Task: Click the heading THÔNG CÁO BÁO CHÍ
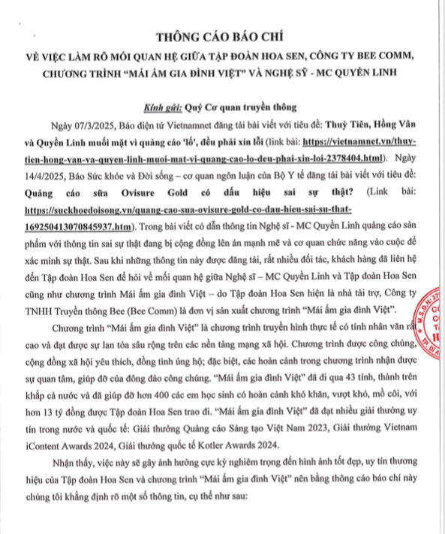tap(222, 37)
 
